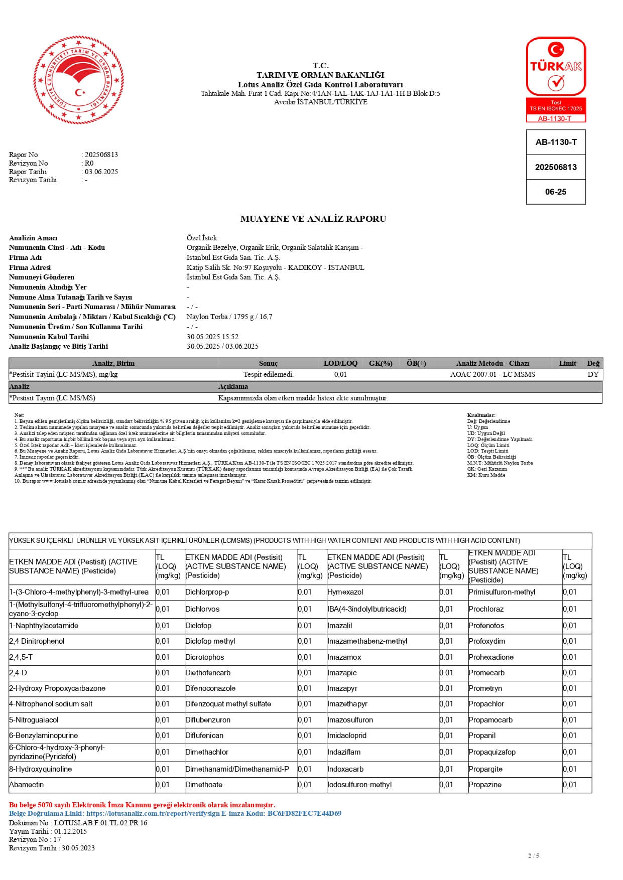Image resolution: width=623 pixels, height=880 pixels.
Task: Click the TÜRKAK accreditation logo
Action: (556, 79)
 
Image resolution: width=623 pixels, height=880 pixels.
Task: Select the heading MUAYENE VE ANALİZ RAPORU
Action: (313, 219)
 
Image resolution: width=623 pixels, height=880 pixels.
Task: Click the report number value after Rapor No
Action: (101, 155)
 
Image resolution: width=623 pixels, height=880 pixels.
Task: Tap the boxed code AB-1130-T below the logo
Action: (556, 142)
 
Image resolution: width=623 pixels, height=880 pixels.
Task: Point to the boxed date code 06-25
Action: (556, 192)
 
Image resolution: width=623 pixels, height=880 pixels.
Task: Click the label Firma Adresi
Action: (30, 267)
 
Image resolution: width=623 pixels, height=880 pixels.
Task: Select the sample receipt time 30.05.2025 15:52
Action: (212, 337)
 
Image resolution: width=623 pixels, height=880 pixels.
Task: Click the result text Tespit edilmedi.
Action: (269, 374)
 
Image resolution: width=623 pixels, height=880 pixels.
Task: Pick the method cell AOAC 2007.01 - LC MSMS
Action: (492, 374)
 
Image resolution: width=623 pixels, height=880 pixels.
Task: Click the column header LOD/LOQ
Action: (340, 363)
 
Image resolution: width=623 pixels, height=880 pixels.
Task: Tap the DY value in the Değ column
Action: (593, 374)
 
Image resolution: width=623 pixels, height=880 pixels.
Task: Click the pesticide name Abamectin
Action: (27, 785)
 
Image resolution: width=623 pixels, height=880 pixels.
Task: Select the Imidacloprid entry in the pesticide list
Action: (347, 736)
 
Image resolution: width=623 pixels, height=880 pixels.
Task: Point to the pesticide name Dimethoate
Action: (204, 785)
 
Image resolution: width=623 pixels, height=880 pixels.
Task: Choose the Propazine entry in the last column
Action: (485, 785)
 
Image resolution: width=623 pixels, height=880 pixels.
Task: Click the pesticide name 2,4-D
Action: (18, 673)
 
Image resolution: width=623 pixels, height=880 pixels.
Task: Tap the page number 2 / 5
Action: (534, 855)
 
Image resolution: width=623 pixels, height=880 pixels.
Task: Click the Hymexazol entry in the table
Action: (345, 592)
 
